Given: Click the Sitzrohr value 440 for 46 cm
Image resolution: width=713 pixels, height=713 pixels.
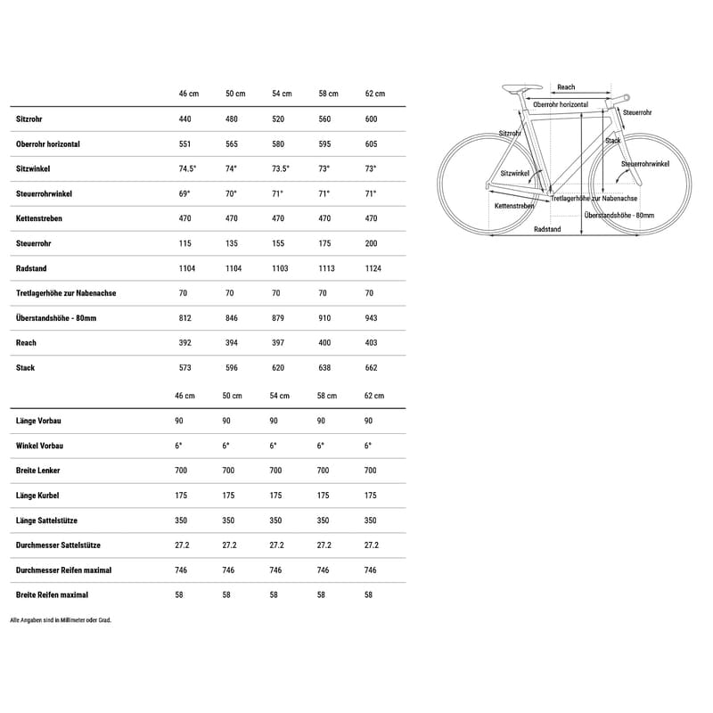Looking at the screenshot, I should [184, 119].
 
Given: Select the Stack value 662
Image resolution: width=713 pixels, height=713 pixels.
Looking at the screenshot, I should [371, 367].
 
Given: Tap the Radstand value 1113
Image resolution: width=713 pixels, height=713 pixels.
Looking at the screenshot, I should [326, 268].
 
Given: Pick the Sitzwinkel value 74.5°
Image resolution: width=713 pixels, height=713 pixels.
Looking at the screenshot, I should [187, 168].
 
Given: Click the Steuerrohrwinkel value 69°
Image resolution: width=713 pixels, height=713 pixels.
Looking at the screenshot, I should [184, 193].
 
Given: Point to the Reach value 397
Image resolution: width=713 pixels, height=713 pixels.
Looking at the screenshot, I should [277, 342].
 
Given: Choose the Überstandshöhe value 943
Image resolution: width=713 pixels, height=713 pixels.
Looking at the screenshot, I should [371, 318].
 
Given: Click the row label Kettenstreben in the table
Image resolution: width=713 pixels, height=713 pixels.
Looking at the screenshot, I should [39, 218].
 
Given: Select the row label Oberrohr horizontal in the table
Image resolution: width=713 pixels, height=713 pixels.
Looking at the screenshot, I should [48, 143].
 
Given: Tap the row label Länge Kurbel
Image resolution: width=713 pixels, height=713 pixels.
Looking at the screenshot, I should [37, 496].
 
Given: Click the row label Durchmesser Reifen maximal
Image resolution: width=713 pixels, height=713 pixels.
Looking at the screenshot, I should [63, 570].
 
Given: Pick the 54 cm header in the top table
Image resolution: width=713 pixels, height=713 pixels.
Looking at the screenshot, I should [281, 94].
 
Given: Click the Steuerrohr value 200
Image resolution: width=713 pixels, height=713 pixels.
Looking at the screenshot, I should [371, 243].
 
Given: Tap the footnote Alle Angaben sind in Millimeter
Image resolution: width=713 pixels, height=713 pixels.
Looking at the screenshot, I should [61, 619].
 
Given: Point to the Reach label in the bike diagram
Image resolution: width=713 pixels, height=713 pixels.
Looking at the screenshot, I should [566, 87].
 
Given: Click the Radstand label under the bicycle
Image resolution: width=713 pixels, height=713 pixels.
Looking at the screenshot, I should [547, 229].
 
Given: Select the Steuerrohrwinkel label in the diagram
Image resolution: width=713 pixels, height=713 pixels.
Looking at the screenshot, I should [646, 165].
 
